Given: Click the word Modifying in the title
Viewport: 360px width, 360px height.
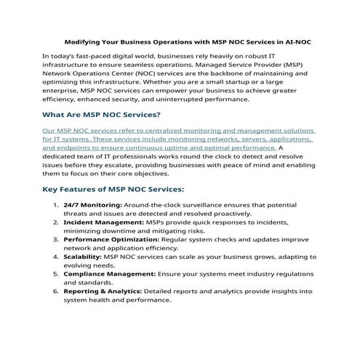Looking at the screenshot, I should [84, 43].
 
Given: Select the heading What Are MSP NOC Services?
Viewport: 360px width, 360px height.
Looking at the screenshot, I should [101, 115].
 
